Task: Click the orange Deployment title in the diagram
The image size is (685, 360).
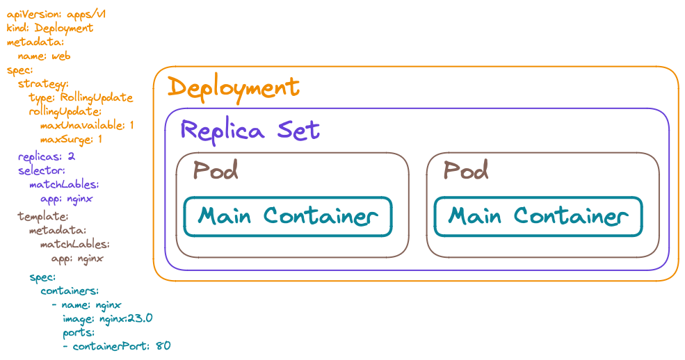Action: (x=234, y=88)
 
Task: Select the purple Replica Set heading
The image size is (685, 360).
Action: (x=250, y=129)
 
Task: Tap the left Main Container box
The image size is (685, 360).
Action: (x=288, y=216)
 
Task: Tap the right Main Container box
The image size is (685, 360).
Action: (x=538, y=216)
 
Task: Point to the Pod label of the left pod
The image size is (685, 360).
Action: (x=216, y=170)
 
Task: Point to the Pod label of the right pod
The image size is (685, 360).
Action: (x=466, y=170)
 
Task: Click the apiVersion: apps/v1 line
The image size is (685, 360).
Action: (x=56, y=14)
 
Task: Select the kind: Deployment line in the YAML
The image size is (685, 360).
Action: (x=50, y=28)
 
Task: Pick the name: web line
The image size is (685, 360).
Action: (x=44, y=56)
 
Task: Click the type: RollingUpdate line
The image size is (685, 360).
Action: (x=81, y=97)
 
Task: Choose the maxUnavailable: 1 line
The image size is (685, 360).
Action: (x=87, y=125)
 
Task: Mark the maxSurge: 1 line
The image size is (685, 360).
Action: (x=72, y=140)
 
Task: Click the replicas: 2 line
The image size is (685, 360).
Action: (x=47, y=156)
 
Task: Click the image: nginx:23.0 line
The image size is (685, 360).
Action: (x=107, y=318)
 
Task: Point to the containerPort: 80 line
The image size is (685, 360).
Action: (x=121, y=345)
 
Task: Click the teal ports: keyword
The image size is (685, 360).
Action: (x=77, y=332)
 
